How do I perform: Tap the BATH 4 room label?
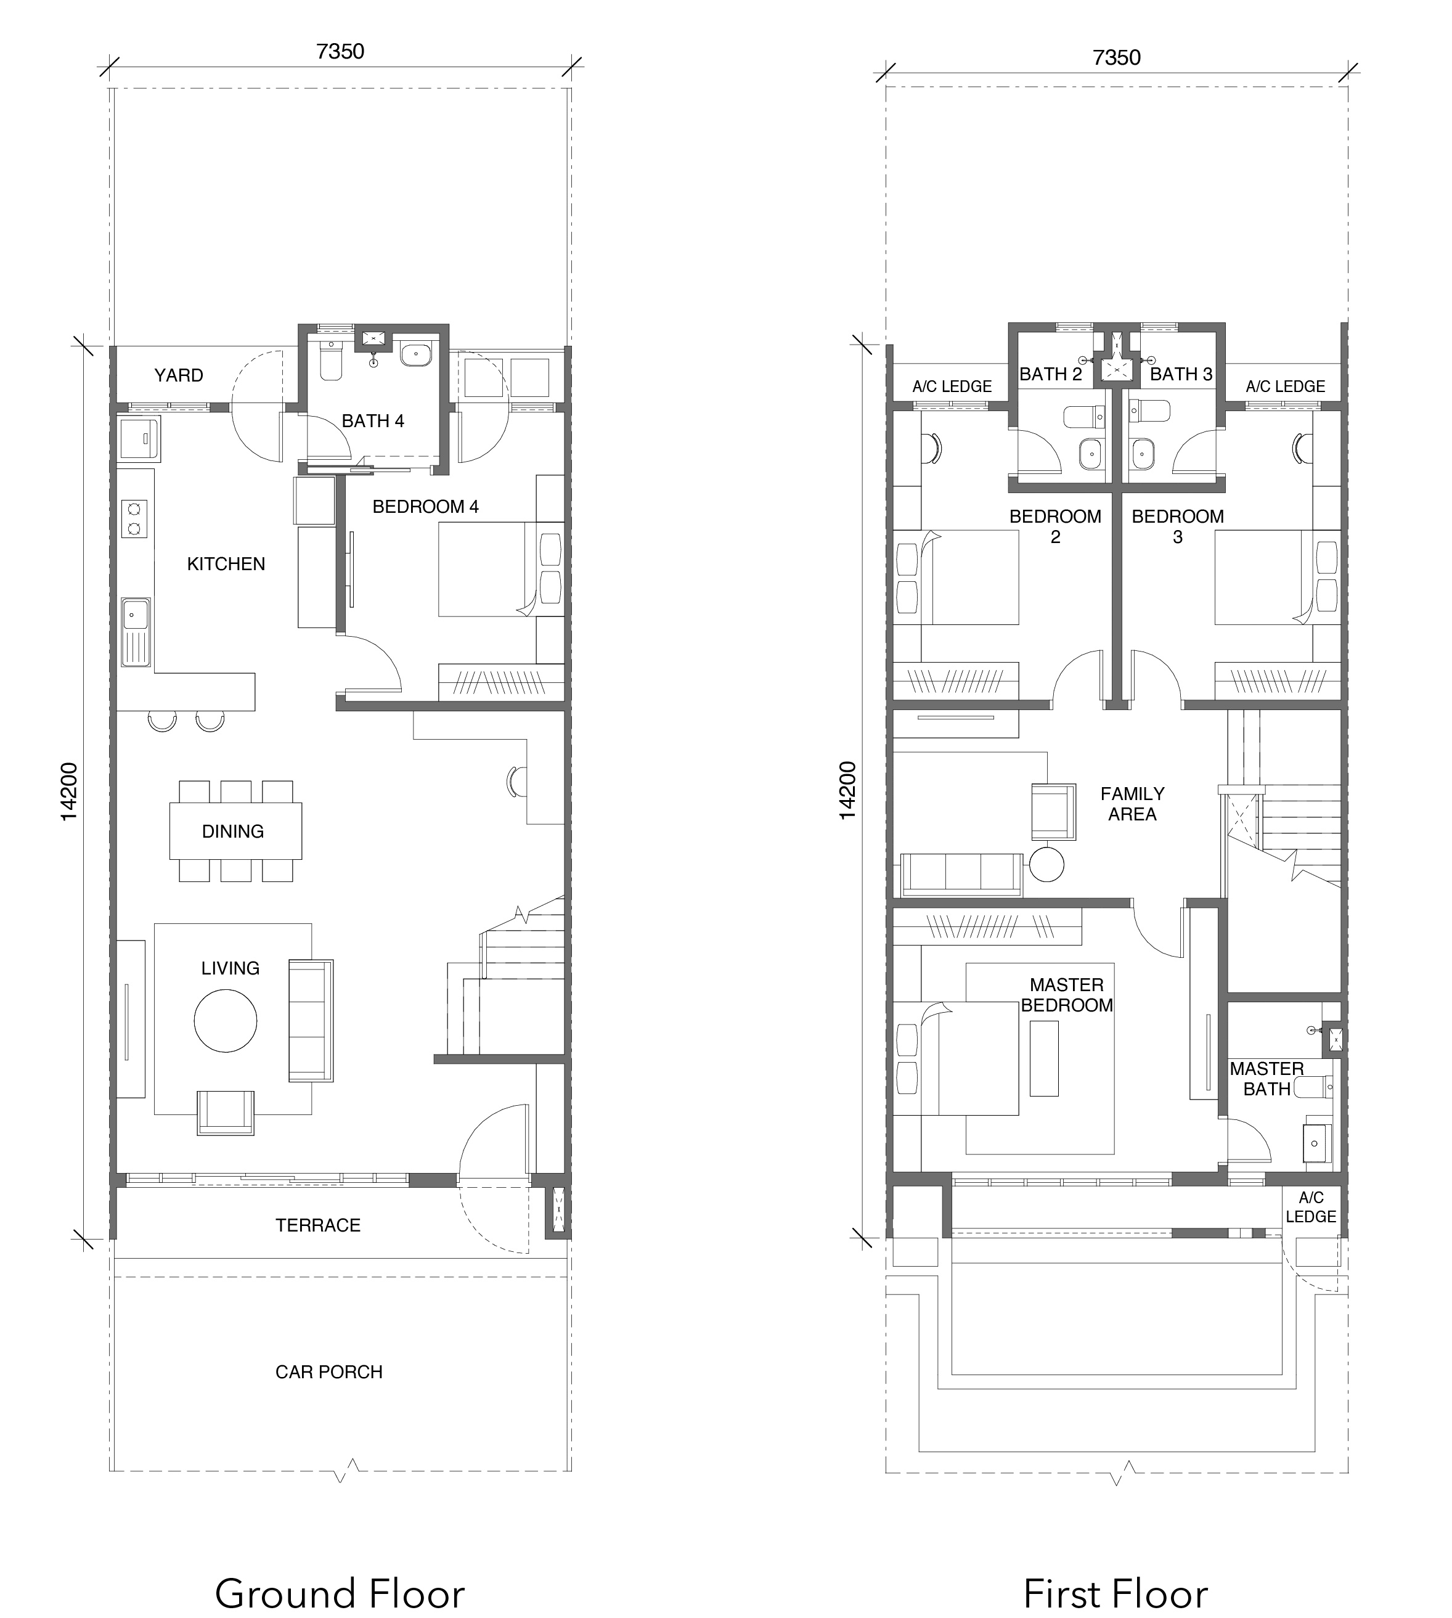[373, 420]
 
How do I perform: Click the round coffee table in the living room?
[226, 1021]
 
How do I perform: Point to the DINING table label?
[233, 831]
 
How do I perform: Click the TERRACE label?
[319, 1225]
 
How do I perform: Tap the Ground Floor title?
[340, 1572]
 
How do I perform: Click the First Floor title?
[1116, 1572]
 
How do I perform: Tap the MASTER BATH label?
[1267, 1079]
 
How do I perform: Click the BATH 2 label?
[1051, 374]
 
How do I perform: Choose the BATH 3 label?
[1181, 374]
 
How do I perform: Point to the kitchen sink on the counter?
[135, 632]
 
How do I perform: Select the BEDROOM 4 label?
[425, 507]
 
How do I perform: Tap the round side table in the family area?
[1046, 865]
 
